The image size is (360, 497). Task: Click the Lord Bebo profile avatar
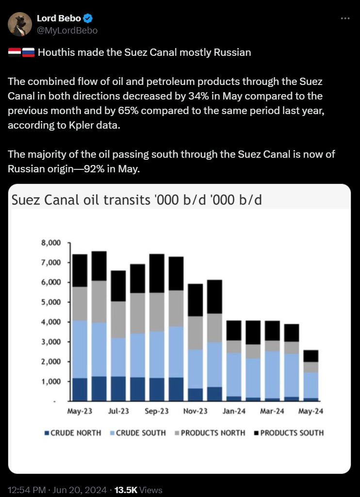[x=20, y=24]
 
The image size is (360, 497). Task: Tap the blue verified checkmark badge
[x=88, y=18]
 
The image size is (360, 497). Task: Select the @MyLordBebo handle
[x=67, y=30]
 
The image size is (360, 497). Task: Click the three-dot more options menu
[x=345, y=18]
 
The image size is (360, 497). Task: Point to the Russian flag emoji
[x=29, y=52]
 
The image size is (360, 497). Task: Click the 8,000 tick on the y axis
[x=51, y=243]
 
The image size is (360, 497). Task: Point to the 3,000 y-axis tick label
[x=51, y=342]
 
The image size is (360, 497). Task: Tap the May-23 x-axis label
[x=80, y=411]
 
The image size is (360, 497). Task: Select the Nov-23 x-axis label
[x=196, y=411]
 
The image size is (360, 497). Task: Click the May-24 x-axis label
[x=311, y=411]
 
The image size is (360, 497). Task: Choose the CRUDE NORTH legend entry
[x=73, y=432]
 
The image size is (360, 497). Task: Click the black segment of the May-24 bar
[x=311, y=356]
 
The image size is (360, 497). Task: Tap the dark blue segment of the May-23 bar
[x=80, y=389]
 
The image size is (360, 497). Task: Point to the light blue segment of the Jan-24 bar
[x=234, y=374]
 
